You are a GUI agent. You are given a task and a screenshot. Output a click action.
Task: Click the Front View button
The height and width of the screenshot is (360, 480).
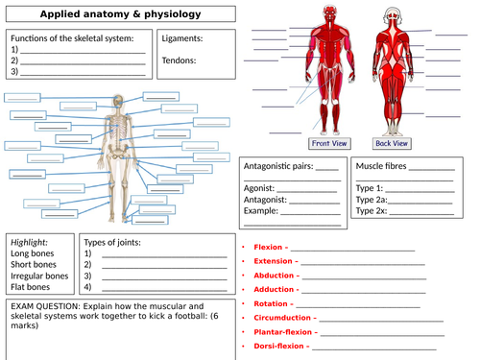point(328,143)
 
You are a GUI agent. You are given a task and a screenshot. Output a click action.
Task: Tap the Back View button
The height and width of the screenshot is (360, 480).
point(392,143)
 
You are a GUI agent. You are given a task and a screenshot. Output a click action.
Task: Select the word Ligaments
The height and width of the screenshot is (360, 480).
point(183,40)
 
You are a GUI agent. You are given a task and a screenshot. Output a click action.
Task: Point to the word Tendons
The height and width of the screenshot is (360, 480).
point(180,60)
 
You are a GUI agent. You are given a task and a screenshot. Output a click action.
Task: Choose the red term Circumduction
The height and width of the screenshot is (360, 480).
point(283,317)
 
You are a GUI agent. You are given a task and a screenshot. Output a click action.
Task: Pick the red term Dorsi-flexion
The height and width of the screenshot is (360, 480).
point(279,348)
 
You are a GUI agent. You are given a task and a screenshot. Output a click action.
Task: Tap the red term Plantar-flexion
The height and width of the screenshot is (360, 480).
point(284,332)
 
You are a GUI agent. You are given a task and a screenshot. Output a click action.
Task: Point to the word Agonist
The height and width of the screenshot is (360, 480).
point(259,188)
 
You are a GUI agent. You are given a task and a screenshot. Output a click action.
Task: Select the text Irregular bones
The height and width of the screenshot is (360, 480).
point(39,276)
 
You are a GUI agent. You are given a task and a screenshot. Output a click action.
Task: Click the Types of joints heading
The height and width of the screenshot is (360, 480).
point(112,242)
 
